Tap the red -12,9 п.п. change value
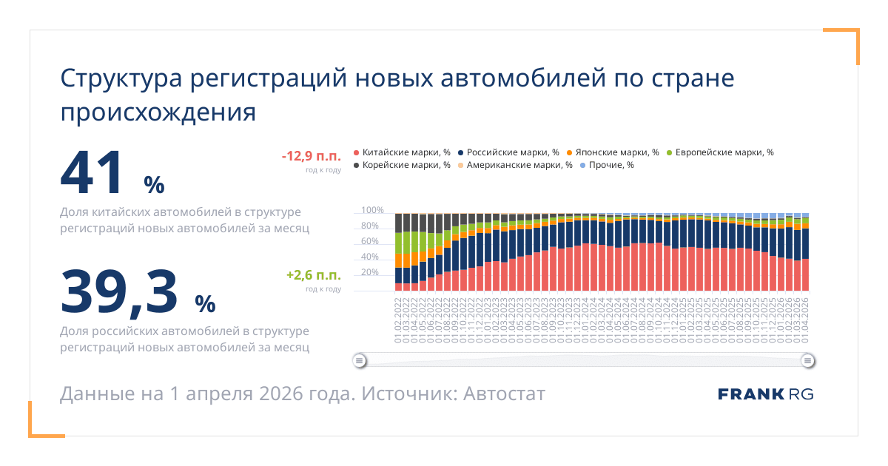coord(311,156)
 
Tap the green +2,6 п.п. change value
coord(314,275)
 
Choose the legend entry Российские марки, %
coord(508,152)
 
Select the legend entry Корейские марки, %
coord(403,165)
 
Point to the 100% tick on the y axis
coord(372,210)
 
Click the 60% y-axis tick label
coord(370,241)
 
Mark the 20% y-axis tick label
coord(370,272)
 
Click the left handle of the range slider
coord(360,361)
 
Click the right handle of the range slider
coord(808,361)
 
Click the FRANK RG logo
coord(765,394)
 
